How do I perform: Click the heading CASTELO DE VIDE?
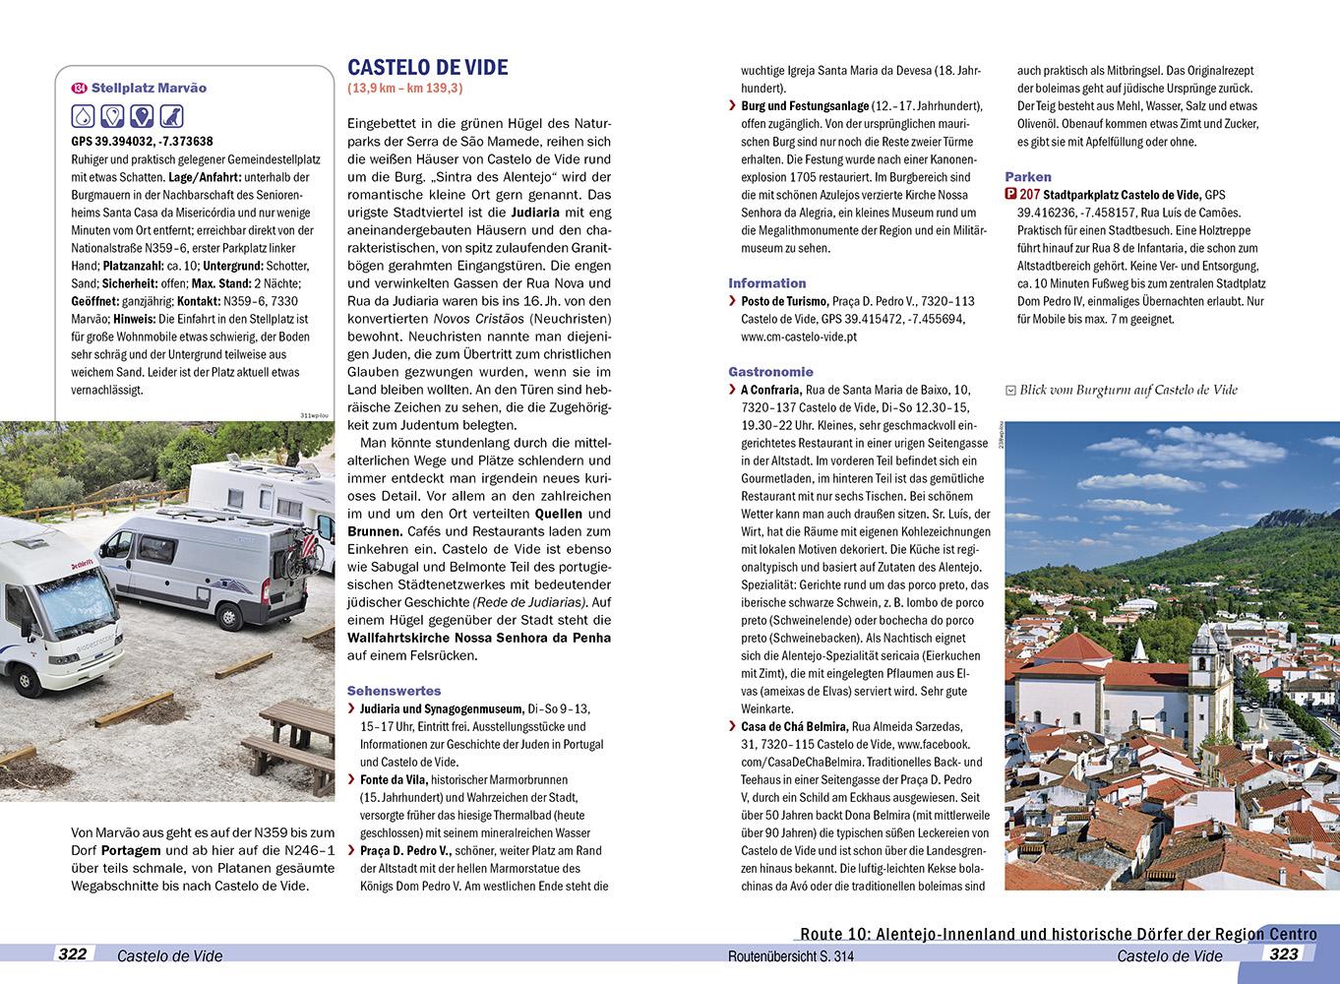[428, 67]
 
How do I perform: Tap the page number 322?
[73, 953]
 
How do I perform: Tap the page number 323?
[1284, 953]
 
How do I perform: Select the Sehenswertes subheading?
[395, 691]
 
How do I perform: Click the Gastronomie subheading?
[770, 372]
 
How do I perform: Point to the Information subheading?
[766, 282]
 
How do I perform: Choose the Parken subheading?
[1027, 177]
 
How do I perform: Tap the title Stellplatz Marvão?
[149, 88]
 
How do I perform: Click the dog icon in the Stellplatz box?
[172, 116]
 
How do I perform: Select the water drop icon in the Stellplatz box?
[84, 116]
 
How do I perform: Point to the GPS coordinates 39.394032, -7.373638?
[142, 141]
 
